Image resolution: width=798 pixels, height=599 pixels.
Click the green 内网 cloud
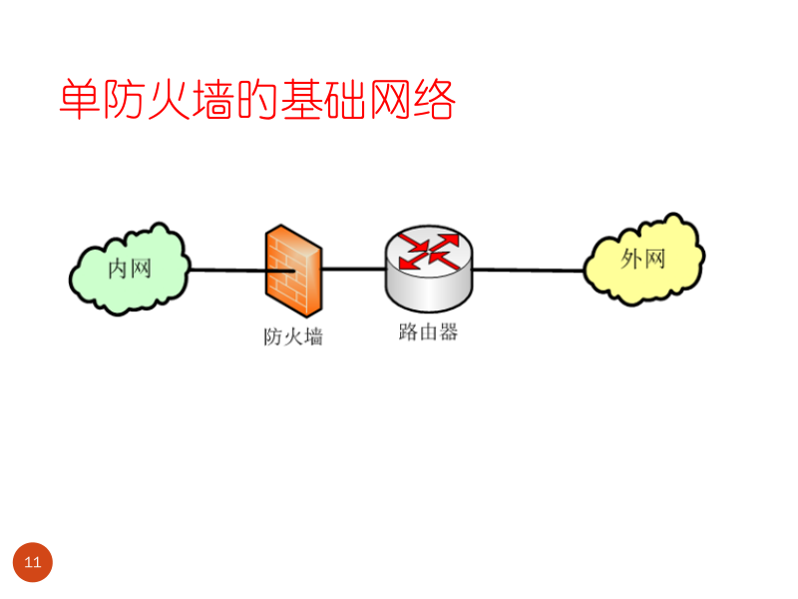point(129,269)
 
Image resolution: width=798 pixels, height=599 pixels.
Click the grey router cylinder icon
point(429,268)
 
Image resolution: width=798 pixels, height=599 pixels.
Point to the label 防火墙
point(293,336)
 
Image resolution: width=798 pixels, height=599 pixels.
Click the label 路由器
point(428,332)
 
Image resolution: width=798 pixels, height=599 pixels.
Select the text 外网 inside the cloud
point(642,259)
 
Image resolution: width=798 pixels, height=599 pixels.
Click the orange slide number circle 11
point(32,562)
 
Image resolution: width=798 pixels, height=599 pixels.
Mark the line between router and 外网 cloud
point(529,270)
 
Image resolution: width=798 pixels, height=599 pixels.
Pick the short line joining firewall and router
point(353,269)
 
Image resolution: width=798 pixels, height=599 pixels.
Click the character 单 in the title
point(80,100)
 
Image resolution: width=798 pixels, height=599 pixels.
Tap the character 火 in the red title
point(169,100)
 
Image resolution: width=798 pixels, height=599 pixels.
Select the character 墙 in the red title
point(212,100)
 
